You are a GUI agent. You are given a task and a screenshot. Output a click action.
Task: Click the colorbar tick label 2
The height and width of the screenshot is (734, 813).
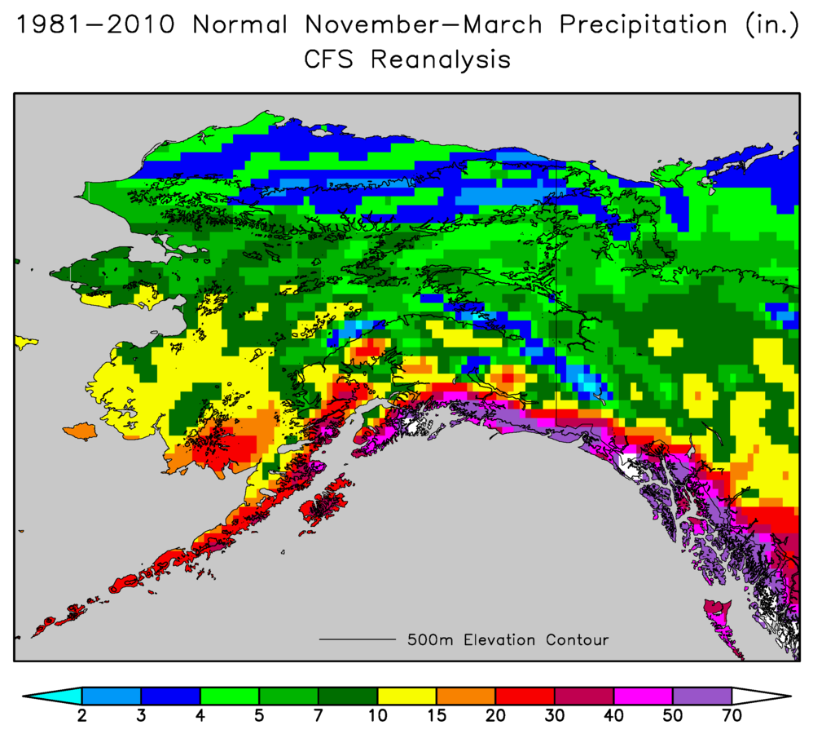coord(82,715)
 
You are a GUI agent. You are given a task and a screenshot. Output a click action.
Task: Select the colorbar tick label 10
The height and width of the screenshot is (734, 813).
coord(377,715)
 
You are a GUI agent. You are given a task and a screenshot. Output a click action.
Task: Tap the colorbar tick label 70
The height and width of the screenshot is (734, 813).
coord(731,715)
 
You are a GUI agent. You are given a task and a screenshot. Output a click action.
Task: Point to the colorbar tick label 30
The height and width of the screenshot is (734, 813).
coord(554,715)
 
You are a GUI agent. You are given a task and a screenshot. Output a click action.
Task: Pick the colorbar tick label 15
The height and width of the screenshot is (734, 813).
coord(436,715)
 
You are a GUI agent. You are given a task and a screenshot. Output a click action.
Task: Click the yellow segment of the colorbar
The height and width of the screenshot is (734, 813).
coord(406,696)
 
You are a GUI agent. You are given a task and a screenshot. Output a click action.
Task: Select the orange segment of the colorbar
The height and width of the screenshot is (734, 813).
coord(465,696)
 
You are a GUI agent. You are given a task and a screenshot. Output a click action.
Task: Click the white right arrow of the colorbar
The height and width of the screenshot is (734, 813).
coord(760,696)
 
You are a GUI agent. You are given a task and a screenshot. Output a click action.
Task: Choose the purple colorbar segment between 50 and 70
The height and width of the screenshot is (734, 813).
coord(701,696)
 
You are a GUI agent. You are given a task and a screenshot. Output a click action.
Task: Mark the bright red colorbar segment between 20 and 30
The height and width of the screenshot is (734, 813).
coord(525,696)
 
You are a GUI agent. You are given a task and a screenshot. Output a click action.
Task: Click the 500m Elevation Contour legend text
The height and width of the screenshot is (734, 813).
coord(508,640)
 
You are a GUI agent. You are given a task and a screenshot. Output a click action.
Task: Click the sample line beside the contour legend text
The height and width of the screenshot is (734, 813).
coord(356,640)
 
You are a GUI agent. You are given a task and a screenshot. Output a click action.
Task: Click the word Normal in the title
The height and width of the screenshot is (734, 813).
coord(240,24)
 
